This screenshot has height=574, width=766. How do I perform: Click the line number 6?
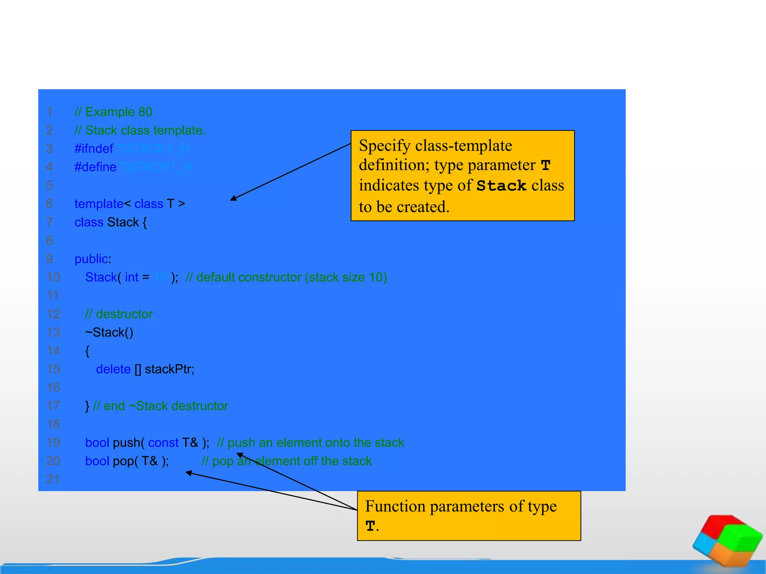click(49, 204)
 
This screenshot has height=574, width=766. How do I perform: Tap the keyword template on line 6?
click(99, 204)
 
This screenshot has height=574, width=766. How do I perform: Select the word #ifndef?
click(94, 149)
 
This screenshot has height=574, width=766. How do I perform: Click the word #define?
click(95, 167)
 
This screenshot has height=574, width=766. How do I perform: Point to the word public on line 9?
click(91, 259)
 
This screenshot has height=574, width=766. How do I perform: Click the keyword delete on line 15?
click(113, 369)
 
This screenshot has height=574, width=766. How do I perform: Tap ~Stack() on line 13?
click(109, 333)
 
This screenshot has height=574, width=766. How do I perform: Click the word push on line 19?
click(126, 443)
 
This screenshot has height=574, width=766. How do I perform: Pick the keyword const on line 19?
click(163, 443)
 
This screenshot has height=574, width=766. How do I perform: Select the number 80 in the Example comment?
click(145, 112)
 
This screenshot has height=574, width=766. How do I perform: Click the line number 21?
click(53, 479)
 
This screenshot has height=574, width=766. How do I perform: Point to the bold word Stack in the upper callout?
click(501, 186)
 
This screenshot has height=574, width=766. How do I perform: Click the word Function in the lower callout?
click(395, 507)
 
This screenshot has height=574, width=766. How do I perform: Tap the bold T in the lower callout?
click(370, 526)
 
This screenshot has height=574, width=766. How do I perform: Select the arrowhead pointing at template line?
click(233, 198)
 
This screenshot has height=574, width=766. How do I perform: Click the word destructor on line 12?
click(124, 314)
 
